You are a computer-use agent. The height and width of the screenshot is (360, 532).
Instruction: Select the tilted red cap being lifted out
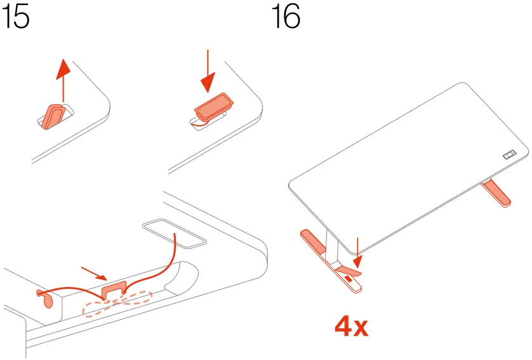click(x=51, y=116)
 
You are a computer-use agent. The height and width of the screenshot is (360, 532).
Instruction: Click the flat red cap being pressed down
click(x=213, y=107)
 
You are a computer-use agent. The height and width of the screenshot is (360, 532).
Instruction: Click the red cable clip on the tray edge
click(x=114, y=289)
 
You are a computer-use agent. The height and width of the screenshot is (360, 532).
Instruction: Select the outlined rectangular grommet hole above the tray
click(x=175, y=233)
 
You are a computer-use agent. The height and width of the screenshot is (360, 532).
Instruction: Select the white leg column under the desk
click(x=331, y=244)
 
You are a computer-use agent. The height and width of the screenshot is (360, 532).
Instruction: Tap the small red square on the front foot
click(x=348, y=279)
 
